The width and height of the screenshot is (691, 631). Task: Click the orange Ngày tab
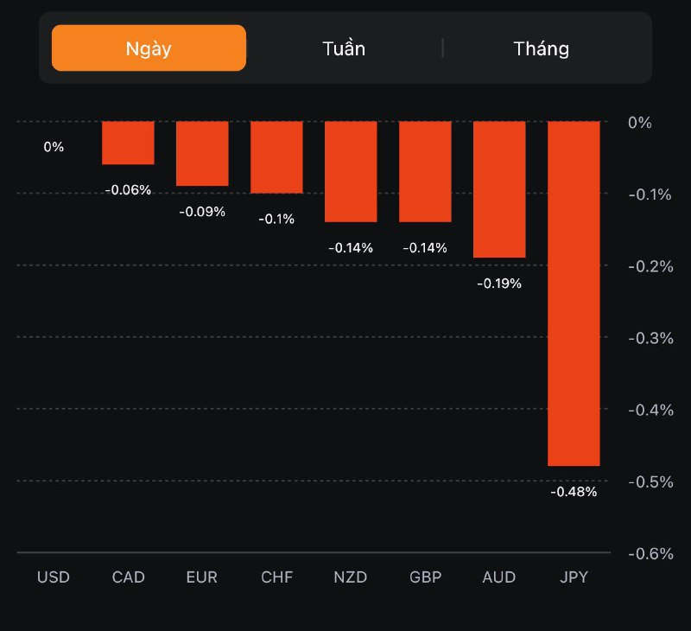point(149,48)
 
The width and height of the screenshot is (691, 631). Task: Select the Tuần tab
point(344,48)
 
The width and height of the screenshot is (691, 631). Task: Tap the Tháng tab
point(542,48)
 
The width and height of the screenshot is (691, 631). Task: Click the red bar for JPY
point(574,294)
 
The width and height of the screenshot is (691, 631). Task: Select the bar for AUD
point(499,189)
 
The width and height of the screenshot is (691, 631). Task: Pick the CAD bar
point(128,143)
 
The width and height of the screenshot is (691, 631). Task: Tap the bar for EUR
point(202,154)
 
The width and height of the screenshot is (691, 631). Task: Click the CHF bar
point(276,157)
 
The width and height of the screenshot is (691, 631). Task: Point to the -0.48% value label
point(574,492)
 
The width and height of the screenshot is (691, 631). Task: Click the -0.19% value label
point(499,284)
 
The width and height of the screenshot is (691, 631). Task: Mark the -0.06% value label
point(128,190)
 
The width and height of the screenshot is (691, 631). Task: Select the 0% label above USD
point(54,147)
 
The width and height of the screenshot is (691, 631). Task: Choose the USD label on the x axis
point(54,577)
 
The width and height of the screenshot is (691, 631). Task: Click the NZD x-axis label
point(351,577)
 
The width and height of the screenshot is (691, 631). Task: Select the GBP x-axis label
point(425,577)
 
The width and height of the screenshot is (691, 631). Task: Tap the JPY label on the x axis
point(574,577)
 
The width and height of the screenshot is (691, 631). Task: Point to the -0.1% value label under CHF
point(276,220)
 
